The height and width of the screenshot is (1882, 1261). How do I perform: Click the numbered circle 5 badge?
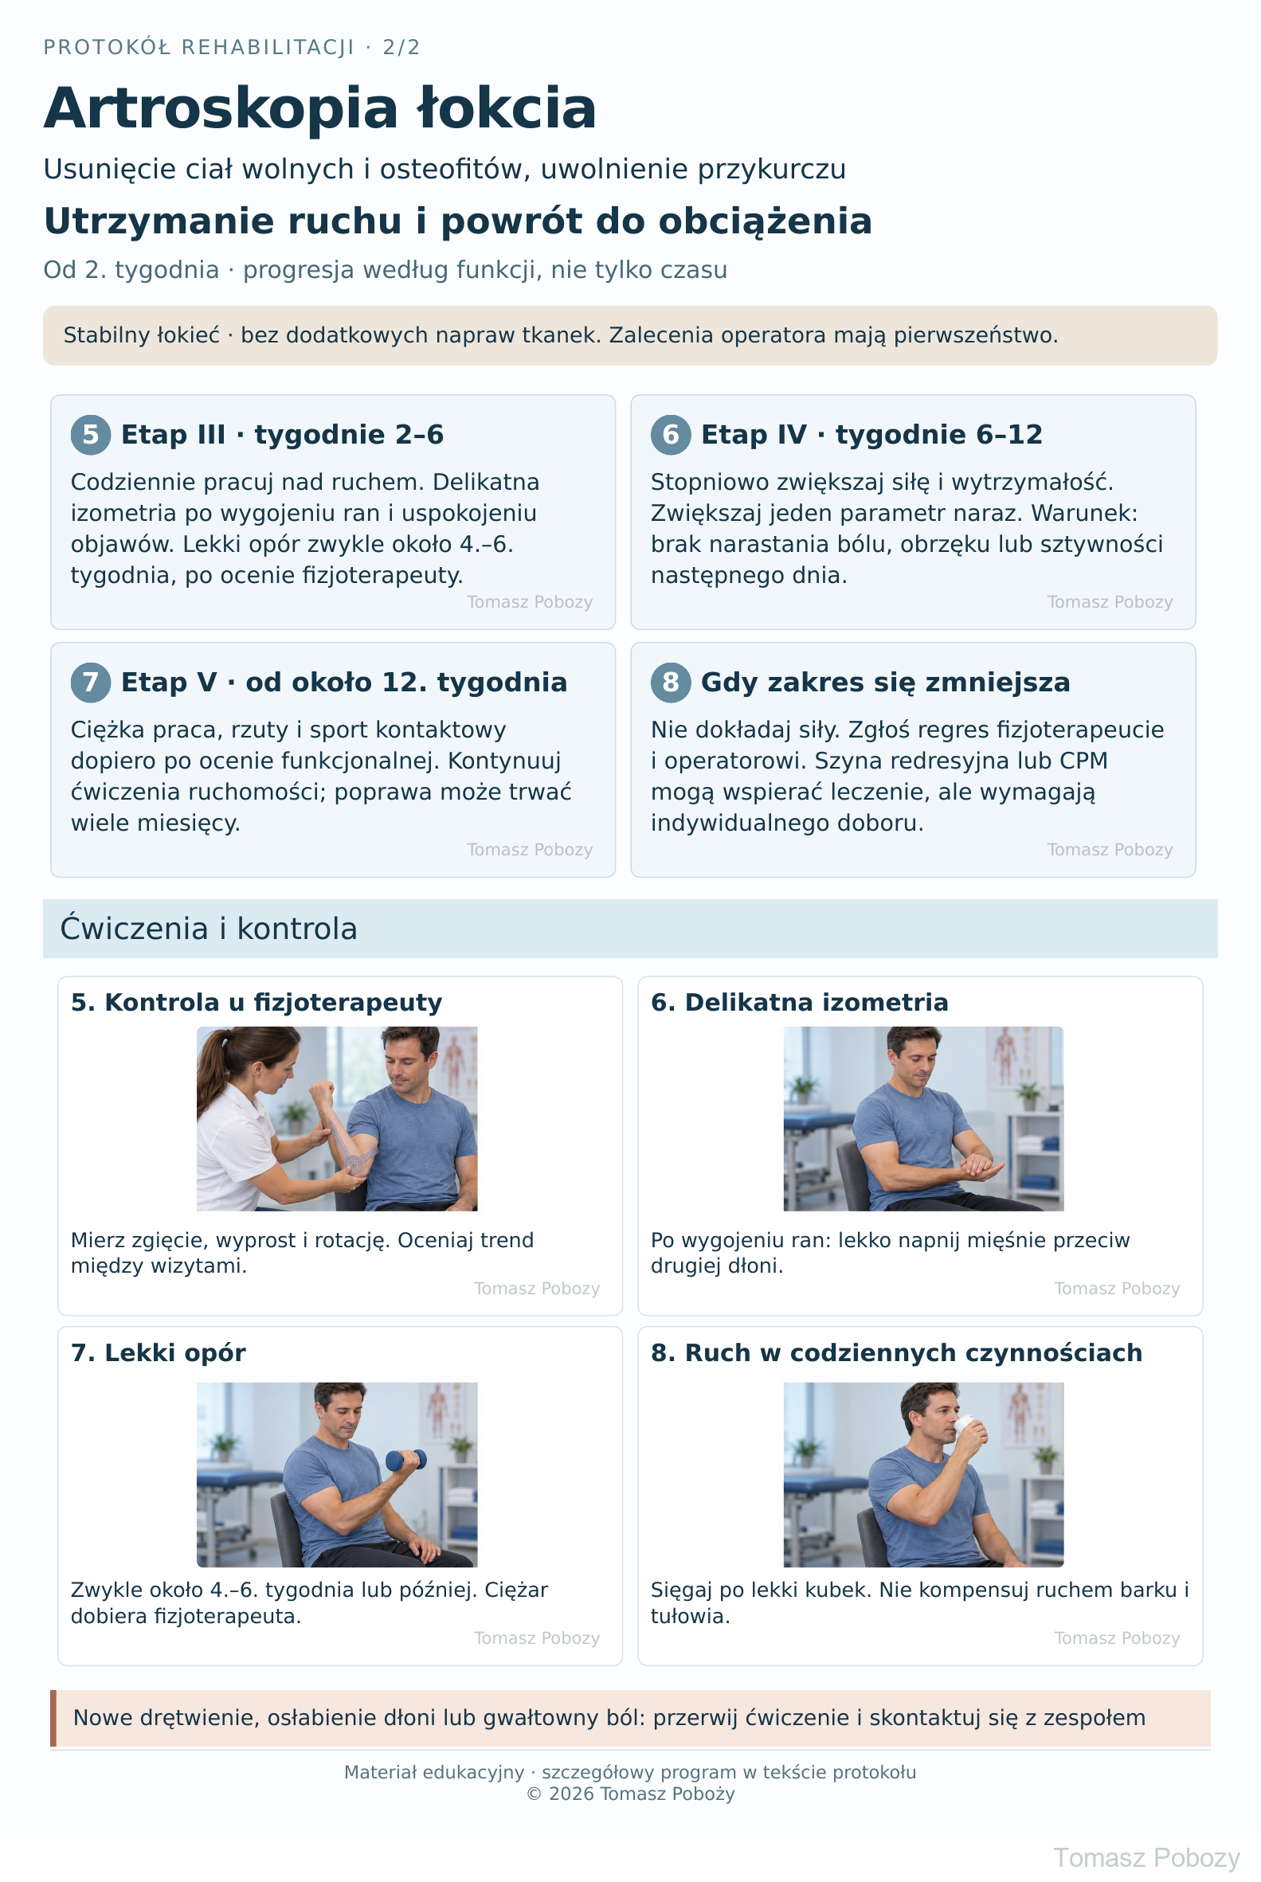pos(91,434)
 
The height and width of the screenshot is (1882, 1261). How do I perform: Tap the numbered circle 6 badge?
pos(671,434)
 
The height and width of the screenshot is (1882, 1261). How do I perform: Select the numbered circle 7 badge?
pos(91,682)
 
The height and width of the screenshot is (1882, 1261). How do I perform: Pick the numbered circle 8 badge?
pos(671,682)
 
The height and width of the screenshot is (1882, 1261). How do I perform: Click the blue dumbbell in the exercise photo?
pos(406,1460)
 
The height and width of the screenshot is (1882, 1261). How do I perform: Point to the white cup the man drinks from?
pos(971,1426)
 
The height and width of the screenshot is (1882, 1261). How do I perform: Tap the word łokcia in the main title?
pos(507,108)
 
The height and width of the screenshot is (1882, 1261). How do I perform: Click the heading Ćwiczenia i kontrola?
pos(208,929)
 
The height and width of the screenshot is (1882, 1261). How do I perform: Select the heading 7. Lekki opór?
pos(159,1353)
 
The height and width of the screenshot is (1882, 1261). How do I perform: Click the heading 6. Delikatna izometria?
pos(800,1003)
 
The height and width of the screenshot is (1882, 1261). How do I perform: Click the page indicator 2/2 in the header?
pos(401,48)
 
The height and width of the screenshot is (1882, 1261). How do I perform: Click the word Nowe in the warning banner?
pos(103,1717)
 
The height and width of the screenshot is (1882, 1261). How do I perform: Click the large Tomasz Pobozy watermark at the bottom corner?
pos(1146,1858)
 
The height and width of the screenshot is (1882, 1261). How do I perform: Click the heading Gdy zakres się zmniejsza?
pos(886,683)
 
